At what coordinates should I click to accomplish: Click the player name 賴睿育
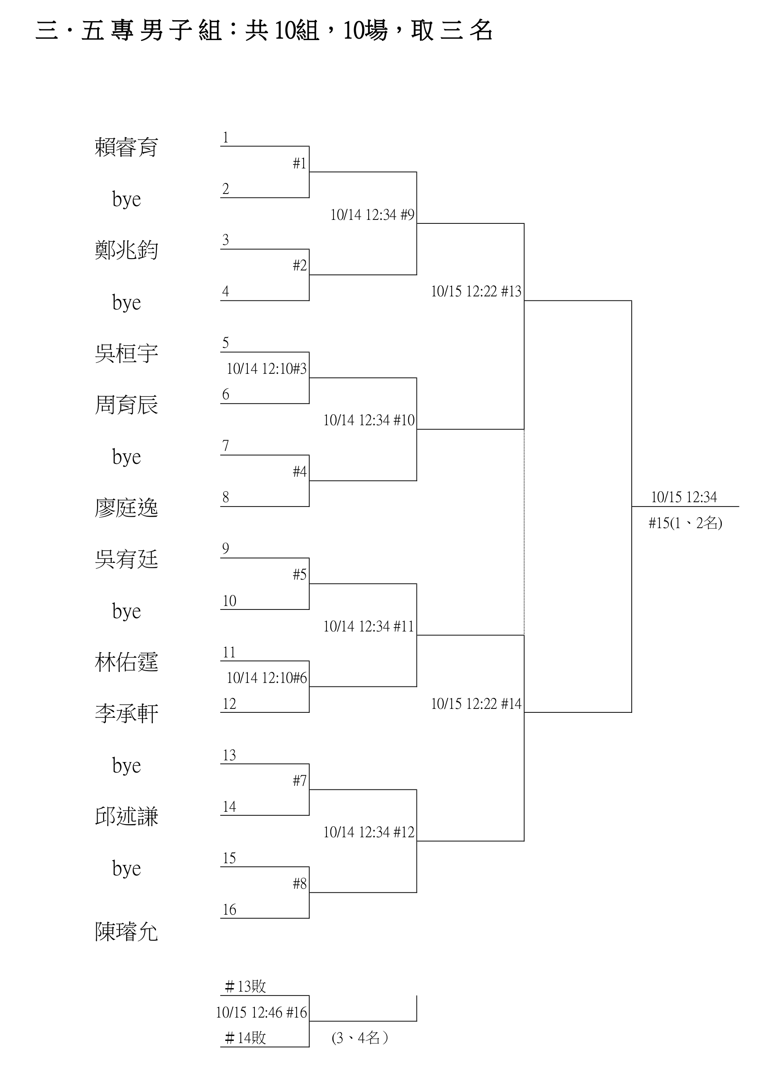pos(126,147)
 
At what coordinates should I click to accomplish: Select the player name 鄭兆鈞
pos(126,250)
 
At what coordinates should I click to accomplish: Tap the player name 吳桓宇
pos(126,354)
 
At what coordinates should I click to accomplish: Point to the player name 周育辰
pos(126,405)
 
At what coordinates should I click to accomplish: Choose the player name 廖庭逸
pos(126,508)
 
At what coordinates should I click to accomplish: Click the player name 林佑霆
pos(126,662)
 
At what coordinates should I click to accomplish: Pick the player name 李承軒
pos(126,714)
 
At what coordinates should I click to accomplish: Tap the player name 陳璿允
pos(126,932)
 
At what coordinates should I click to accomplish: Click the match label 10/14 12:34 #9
pos(372,215)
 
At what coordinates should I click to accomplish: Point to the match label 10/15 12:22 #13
pos(476,291)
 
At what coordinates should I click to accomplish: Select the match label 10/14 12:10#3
pos(266,369)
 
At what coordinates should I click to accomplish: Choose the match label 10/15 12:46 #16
pos(261,1013)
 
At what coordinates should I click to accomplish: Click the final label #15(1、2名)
pos(685,523)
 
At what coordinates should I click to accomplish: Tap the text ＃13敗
pos(245,987)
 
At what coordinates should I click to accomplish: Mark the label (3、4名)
pos(360,1038)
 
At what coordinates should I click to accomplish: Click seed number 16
pos(229,909)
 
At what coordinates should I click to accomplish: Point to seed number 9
pos(225,549)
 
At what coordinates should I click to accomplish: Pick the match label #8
pos(300,883)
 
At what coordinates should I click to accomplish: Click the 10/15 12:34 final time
pos(684,497)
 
